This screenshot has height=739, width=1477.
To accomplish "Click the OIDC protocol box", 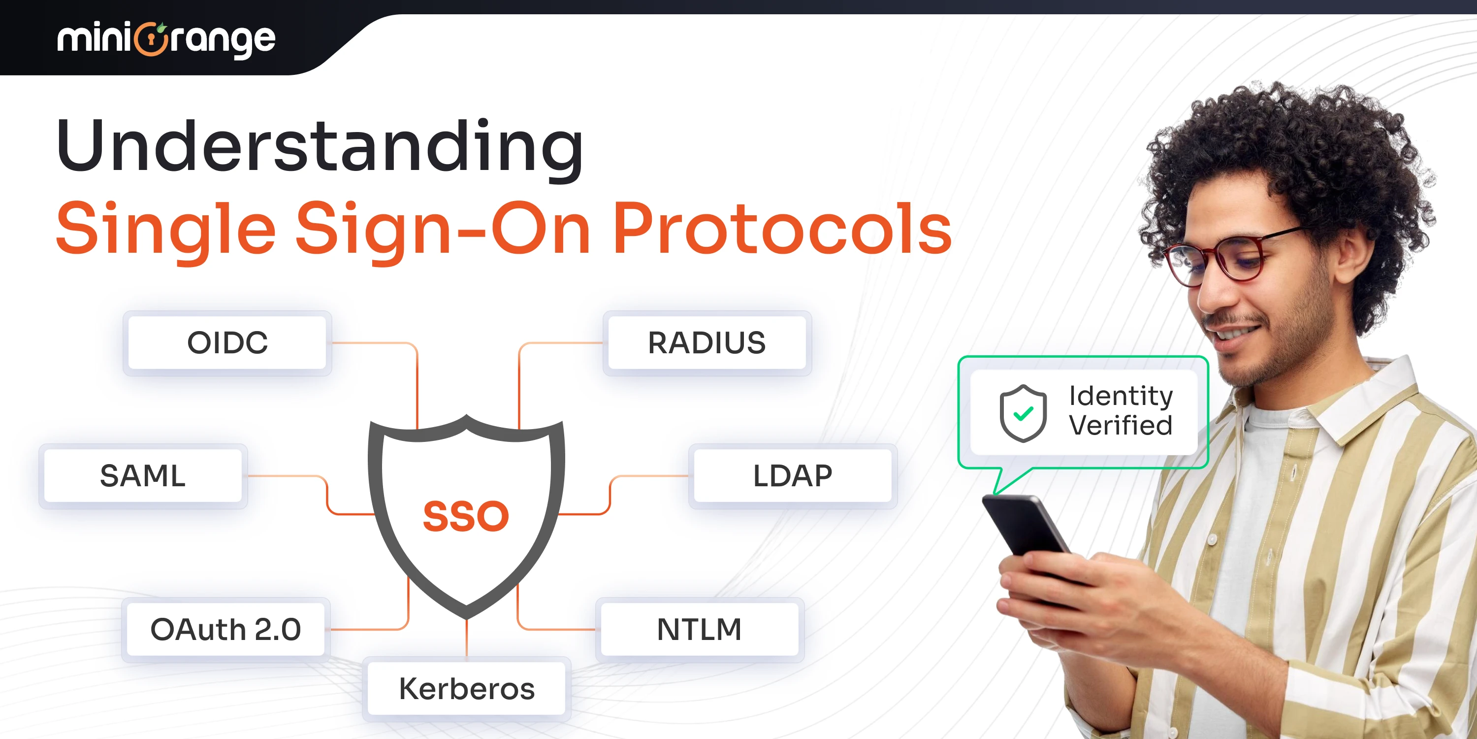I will [x=227, y=343].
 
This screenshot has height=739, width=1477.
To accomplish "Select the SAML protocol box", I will [x=143, y=475].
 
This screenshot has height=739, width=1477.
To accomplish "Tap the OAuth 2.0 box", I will [x=225, y=630].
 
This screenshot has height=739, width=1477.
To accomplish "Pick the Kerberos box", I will [x=467, y=689].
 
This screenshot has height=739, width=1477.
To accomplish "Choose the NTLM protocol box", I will [x=700, y=630].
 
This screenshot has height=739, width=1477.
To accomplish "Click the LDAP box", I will [x=792, y=475].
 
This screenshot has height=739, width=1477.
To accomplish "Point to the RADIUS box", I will [x=707, y=343].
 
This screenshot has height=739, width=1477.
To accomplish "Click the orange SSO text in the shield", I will [x=466, y=516].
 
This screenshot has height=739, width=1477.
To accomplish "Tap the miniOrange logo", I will [x=166, y=39].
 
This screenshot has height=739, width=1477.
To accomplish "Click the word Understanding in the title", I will [x=320, y=146].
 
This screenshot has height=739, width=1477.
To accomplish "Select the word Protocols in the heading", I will [x=782, y=229].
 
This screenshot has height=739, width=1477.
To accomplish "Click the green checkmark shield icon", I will [x=1023, y=413].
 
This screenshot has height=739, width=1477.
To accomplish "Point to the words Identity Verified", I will [x=1121, y=411].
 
